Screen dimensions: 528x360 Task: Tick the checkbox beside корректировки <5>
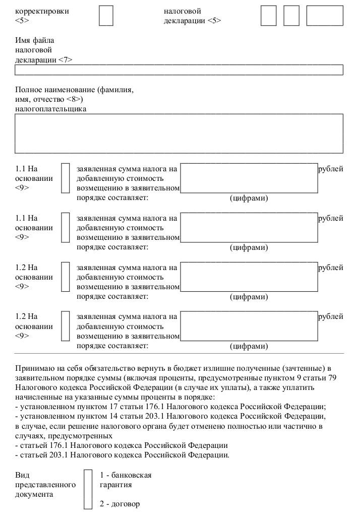coord(106,16)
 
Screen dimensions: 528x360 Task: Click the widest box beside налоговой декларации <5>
coord(324,16)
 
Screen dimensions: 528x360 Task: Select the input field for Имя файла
coord(179,70)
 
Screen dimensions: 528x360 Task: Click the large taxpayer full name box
coord(179,133)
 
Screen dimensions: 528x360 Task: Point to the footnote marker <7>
coord(66,59)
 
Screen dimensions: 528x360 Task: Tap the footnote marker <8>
coord(74,99)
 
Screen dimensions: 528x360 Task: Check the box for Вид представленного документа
coord(88,489)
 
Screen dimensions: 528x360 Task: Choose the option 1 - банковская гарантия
coord(125,480)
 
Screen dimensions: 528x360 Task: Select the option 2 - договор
coord(119,504)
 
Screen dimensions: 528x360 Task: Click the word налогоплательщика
coord(50,108)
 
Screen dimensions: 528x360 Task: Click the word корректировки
coord(42,11)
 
